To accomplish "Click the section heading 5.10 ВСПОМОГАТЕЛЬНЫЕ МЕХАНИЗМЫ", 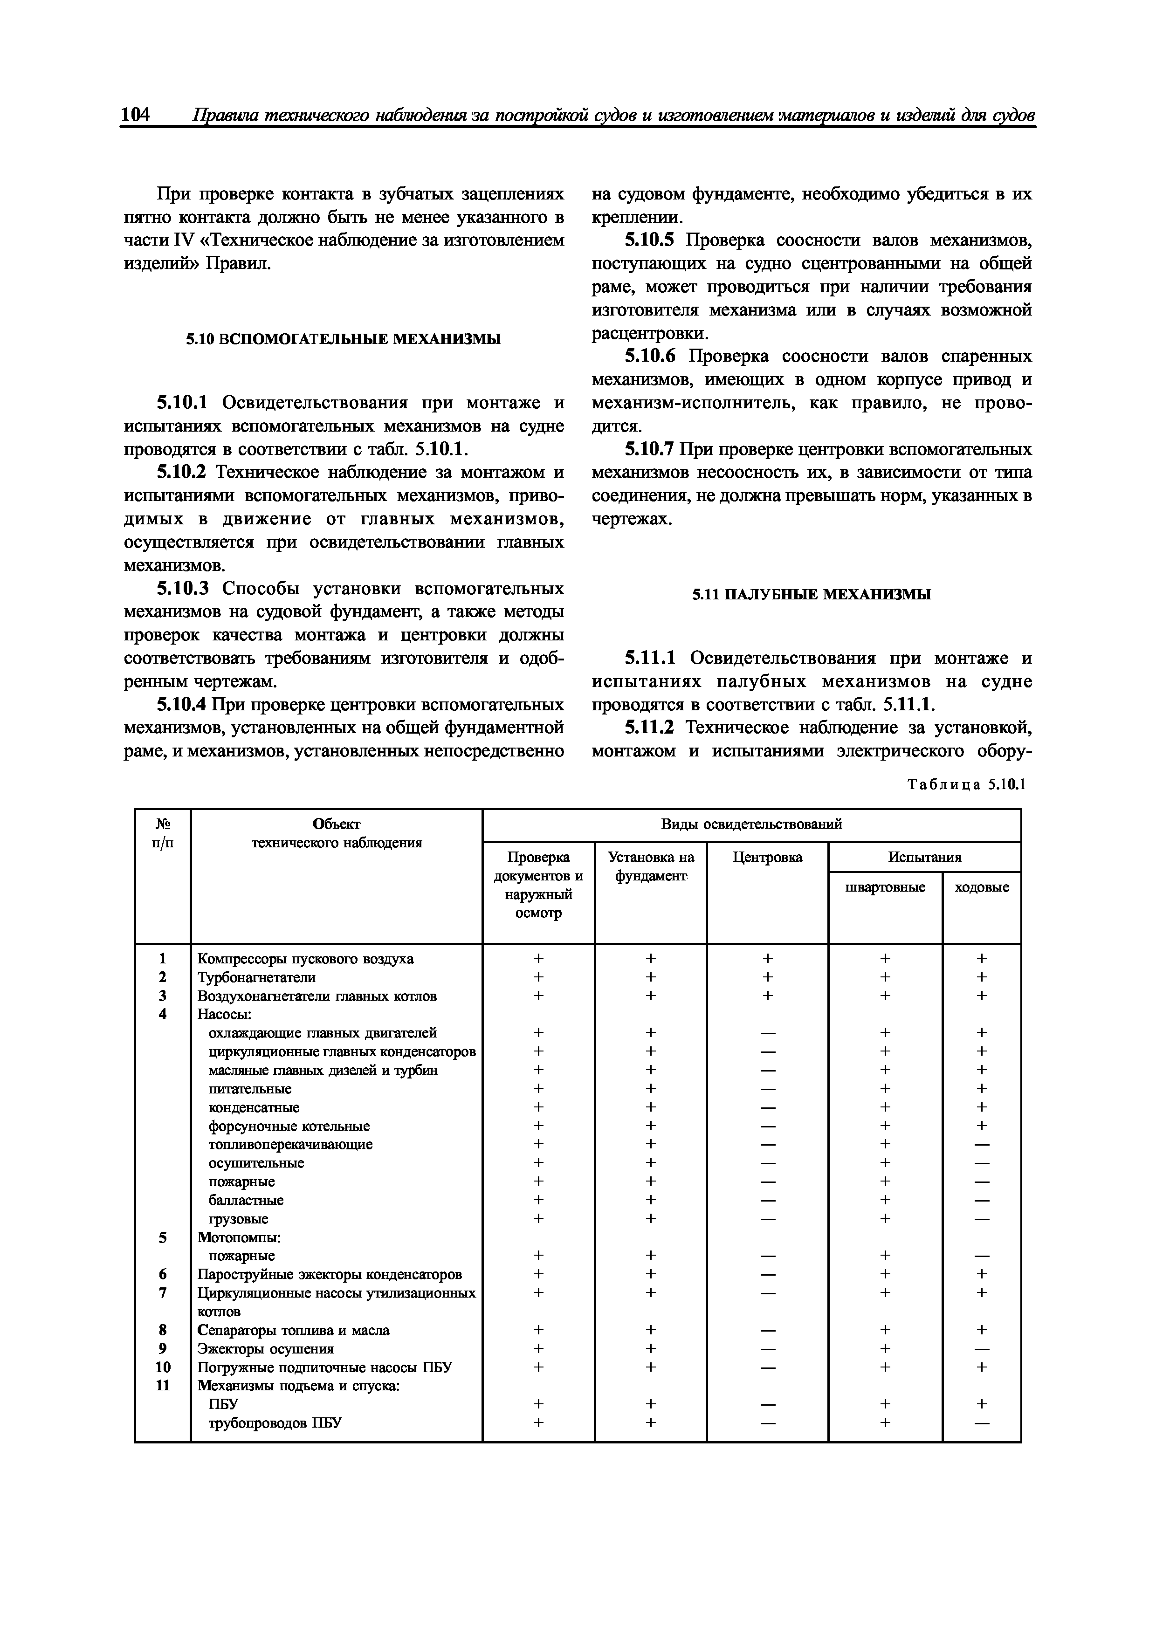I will coord(344,339).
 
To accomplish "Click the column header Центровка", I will coord(767,858).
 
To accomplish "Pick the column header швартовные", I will coord(885,887).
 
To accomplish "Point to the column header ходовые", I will coord(982,887).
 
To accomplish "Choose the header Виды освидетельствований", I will coord(751,824).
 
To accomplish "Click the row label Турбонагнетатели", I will coord(256,977).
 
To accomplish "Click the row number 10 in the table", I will coord(163,1367).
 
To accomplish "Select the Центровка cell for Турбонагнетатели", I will coord(767,977).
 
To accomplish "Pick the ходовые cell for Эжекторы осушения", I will coord(982,1349).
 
